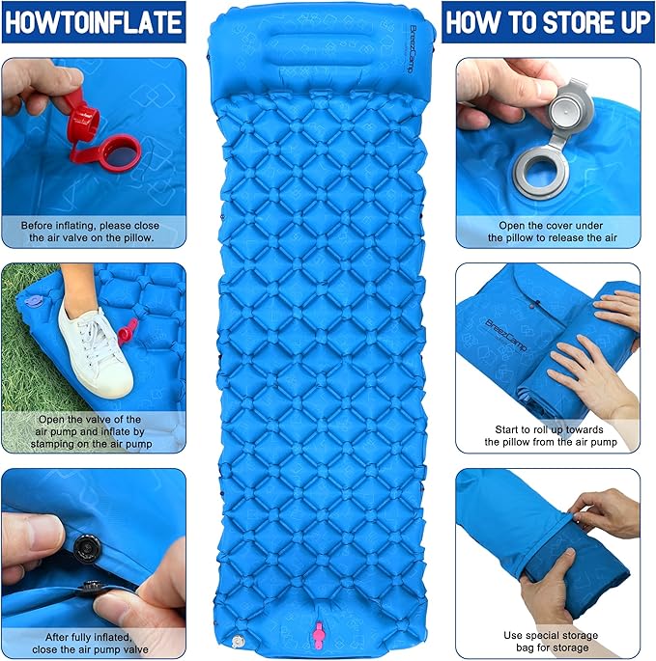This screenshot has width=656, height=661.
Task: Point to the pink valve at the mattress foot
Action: click(318, 635)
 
